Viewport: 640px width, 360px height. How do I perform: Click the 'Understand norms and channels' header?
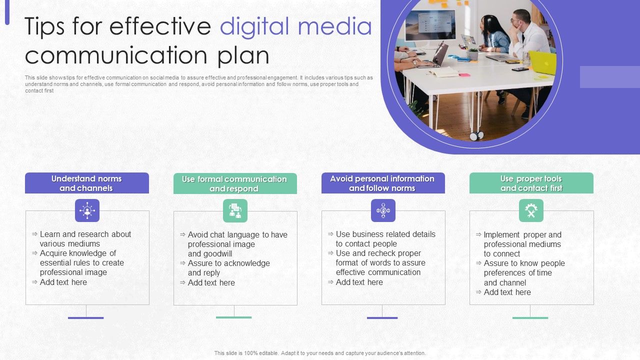[86, 183]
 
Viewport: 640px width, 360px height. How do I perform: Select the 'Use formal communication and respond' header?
[234, 183]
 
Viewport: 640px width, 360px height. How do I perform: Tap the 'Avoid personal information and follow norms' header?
[382, 183]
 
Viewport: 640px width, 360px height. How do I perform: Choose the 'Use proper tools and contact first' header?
[531, 183]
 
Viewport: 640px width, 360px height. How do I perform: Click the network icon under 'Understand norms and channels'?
[87, 210]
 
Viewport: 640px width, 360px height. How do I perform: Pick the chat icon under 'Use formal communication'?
[235, 210]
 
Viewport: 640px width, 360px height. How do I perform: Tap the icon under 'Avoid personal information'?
[383, 210]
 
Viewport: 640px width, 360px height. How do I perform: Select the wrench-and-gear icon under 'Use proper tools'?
[531, 210]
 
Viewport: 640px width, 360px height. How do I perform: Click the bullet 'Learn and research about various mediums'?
[85, 239]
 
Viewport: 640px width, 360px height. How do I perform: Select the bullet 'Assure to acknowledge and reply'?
[228, 268]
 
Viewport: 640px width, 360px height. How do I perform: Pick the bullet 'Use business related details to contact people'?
[385, 239]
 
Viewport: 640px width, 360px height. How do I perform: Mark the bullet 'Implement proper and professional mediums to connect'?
[522, 244]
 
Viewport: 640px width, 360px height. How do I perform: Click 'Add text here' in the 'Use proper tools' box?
[507, 292]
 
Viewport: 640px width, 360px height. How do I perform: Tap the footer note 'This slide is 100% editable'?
[320, 353]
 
